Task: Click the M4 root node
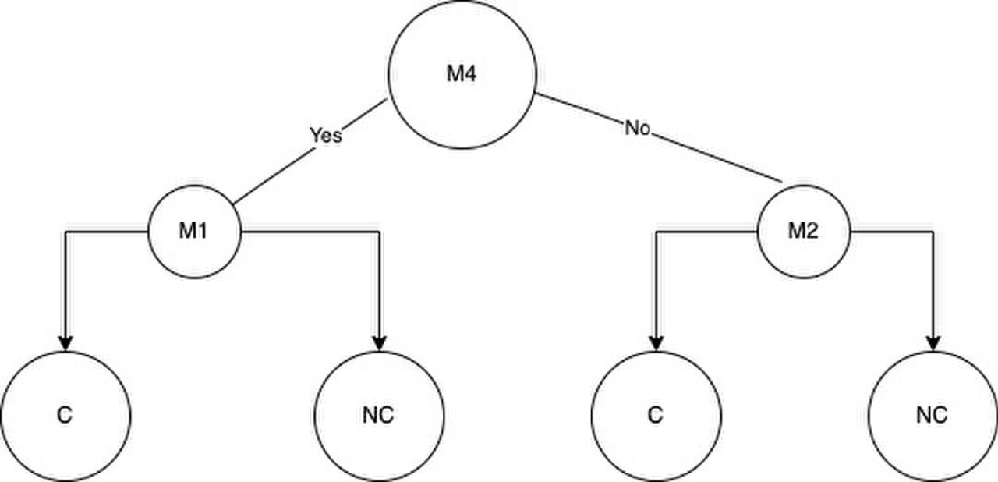[462, 74]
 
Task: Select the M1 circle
[194, 232]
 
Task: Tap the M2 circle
[804, 232]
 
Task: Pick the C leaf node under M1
[65, 416]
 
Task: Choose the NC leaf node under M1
[379, 416]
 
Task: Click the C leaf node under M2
[656, 416]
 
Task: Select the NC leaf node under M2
[933, 416]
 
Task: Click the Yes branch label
[326, 135]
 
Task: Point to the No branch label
[638, 128]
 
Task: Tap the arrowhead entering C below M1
[65, 344]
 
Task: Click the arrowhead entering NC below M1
[379, 344]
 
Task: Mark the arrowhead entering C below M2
[656, 344]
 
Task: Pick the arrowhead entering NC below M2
[933, 344]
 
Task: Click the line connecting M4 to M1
[310, 152]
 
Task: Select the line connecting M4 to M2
[659, 137]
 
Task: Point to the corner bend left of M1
[66, 232]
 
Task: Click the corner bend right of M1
[379, 232]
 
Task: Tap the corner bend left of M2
[657, 232]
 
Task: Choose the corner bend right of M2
[933, 232]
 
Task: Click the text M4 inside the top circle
[462, 73]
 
